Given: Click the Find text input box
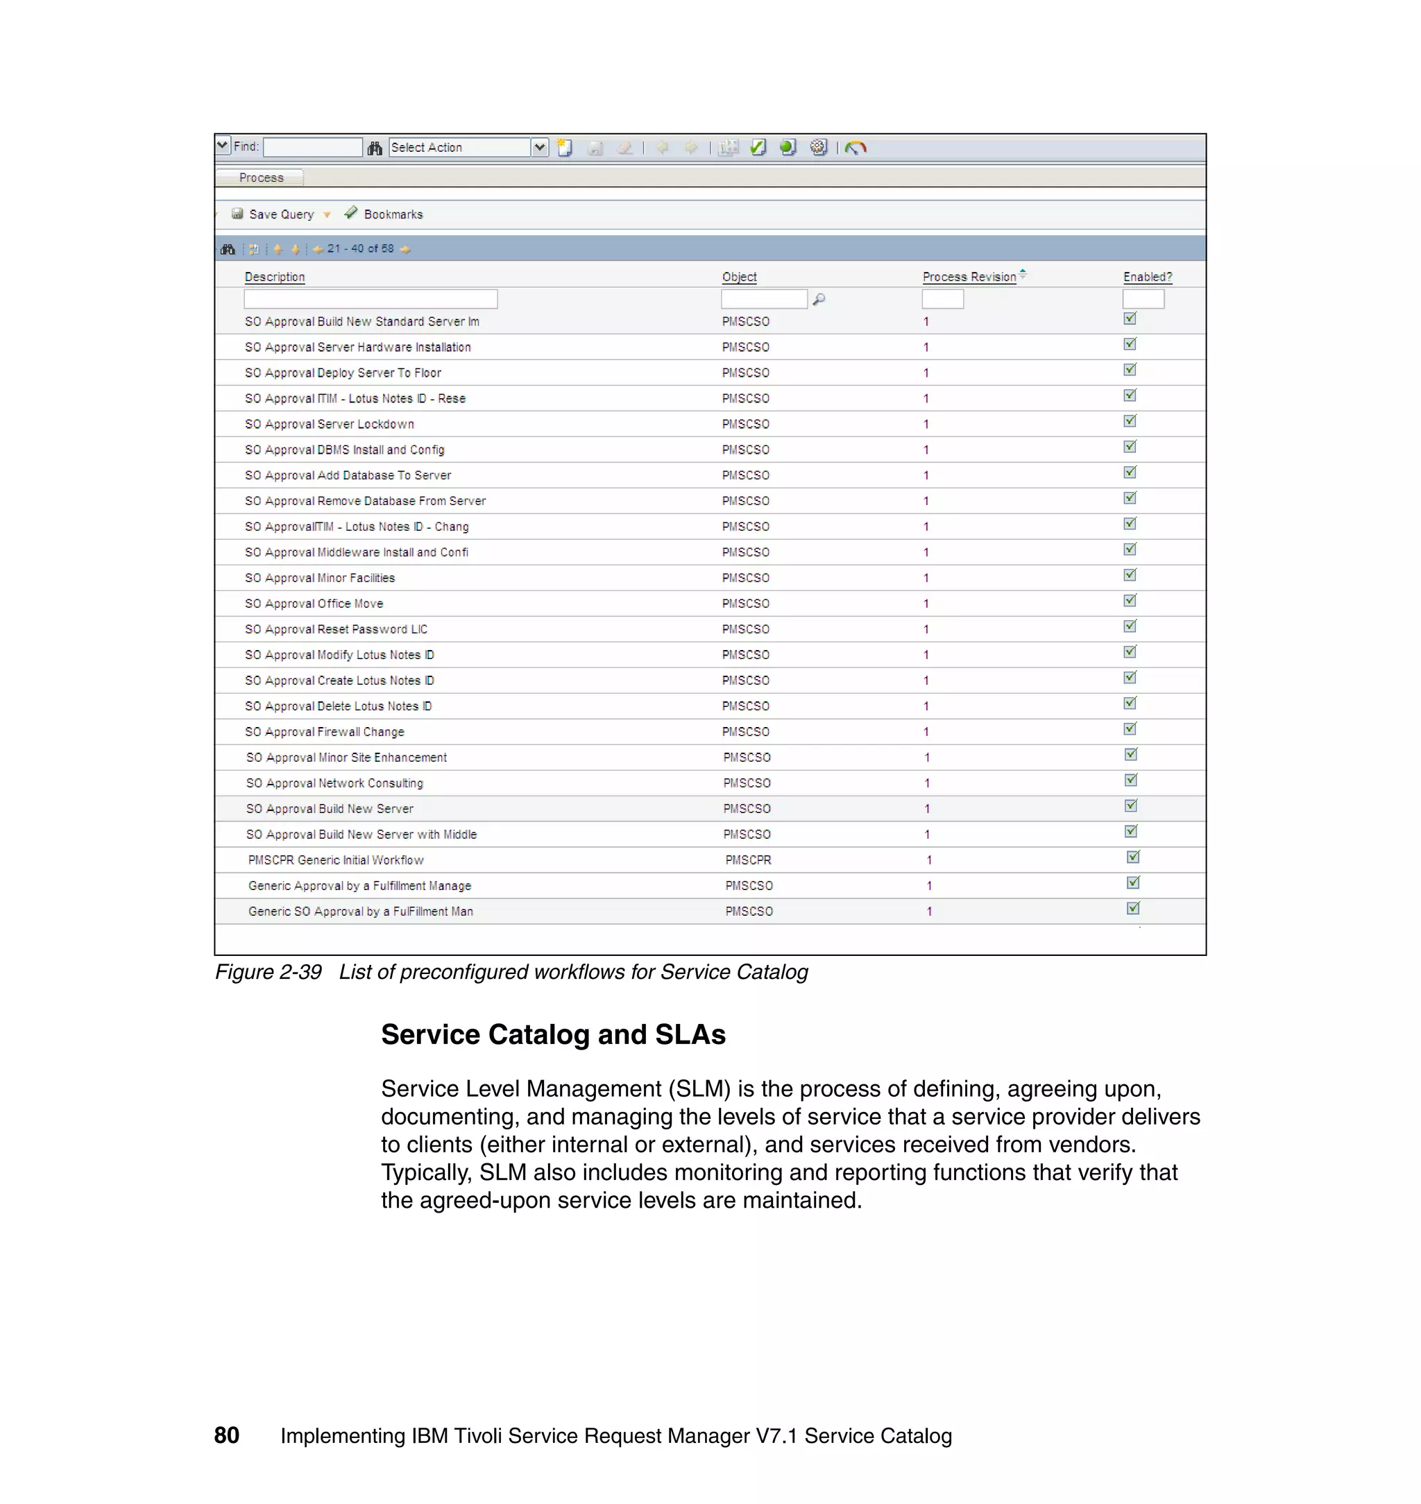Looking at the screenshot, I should tap(312, 147).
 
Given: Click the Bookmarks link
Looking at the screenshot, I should tap(392, 214).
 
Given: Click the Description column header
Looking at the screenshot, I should tap(274, 277).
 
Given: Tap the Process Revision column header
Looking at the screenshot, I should tap(969, 277).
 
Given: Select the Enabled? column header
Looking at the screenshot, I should tap(1147, 277).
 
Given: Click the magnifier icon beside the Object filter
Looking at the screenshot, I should tap(818, 299).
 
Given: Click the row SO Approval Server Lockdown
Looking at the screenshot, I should tap(329, 424).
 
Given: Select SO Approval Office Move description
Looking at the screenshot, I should tap(314, 604).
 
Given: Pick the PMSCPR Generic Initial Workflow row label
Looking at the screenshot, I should tap(336, 860).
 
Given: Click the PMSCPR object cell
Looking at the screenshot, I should tap(747, 860).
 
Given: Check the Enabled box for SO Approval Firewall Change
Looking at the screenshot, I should tap(1130, 729).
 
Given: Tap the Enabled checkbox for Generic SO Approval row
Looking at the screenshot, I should tap(1133, 909).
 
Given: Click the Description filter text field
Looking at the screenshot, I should tap(370, 299).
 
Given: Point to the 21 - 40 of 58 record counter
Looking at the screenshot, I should tap(360, 249).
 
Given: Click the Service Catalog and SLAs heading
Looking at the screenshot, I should tap(553, 1034).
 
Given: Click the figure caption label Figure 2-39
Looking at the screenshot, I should tap(268, 973).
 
